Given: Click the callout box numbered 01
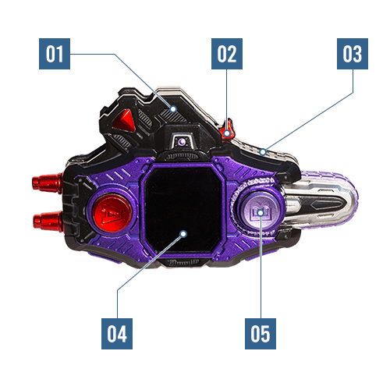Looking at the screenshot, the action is pos(55,54).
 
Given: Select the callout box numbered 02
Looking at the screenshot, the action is pos(227,54).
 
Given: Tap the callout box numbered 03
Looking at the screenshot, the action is pos(353,54).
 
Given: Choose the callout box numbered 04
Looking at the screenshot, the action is pos(117,334).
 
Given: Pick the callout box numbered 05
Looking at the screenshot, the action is pos(261,334).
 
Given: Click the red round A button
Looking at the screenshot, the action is pos(112,213).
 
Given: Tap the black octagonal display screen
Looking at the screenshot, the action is pos(183,210).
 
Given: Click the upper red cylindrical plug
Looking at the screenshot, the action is pos(47,183).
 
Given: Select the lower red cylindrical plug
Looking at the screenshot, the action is pos(48,221).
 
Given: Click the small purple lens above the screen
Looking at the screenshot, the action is pos(182,142).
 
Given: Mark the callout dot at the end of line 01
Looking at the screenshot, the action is pos(173,109).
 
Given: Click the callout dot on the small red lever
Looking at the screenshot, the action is pos(227,133).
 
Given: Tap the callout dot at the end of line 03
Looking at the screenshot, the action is pos(263,151).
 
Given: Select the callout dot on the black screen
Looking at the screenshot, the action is pos(183,234).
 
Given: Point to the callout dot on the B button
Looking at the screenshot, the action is pos(261,213).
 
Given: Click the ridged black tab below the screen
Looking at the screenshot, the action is pos(183,262).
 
